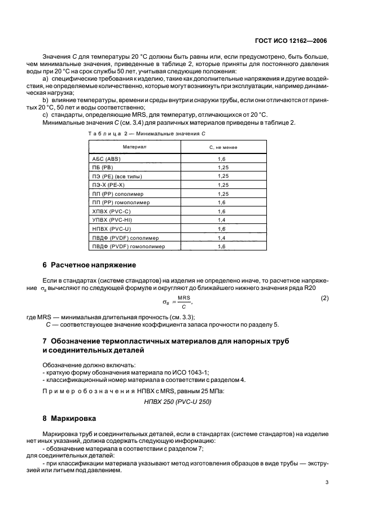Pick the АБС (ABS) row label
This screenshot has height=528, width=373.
106,160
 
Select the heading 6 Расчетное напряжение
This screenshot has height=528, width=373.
89,265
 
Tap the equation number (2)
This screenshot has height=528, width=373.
324,297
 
